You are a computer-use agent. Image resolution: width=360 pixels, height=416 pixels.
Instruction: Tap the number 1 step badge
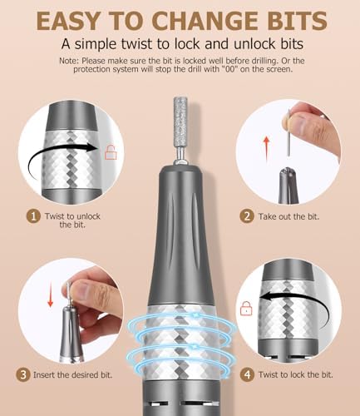point(33,216)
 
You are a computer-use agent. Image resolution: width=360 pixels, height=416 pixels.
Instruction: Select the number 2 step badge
point(247,216)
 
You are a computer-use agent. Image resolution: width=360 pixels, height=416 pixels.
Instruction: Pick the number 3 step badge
point(22,374)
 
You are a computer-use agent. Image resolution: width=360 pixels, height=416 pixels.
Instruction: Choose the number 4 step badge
point(247,374)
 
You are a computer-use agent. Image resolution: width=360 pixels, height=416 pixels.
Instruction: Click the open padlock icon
point(111,152)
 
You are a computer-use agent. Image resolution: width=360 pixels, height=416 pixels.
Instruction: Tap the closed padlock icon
point(246,308)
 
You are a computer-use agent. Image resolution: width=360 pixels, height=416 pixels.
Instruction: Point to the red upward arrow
point(266,149)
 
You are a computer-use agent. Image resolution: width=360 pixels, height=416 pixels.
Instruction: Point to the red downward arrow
point(50,295)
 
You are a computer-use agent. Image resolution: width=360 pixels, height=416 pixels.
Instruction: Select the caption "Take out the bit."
point(288,216)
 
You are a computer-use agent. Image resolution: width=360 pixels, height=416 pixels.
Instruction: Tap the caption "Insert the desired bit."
point(73,375)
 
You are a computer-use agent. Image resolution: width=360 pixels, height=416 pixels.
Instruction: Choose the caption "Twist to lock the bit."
point(296,374)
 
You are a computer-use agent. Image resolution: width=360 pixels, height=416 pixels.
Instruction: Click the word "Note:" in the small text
point(69,61)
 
